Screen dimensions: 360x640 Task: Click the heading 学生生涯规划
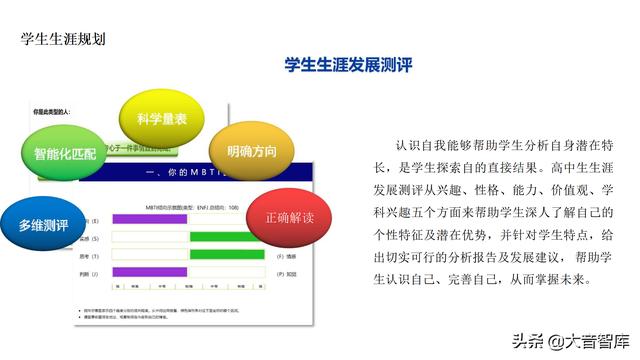click(64, 40)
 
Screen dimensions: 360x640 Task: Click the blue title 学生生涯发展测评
click(348, 65)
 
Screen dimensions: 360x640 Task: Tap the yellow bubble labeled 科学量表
click(161, 118)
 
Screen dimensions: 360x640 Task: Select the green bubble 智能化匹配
click(64, 155)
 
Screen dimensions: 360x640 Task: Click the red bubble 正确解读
click(289, 216)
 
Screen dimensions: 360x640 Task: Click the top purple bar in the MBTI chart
click(149, 218)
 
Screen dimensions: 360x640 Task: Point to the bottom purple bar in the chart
click(149, 272)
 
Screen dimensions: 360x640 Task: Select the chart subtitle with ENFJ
click(190, 204)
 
